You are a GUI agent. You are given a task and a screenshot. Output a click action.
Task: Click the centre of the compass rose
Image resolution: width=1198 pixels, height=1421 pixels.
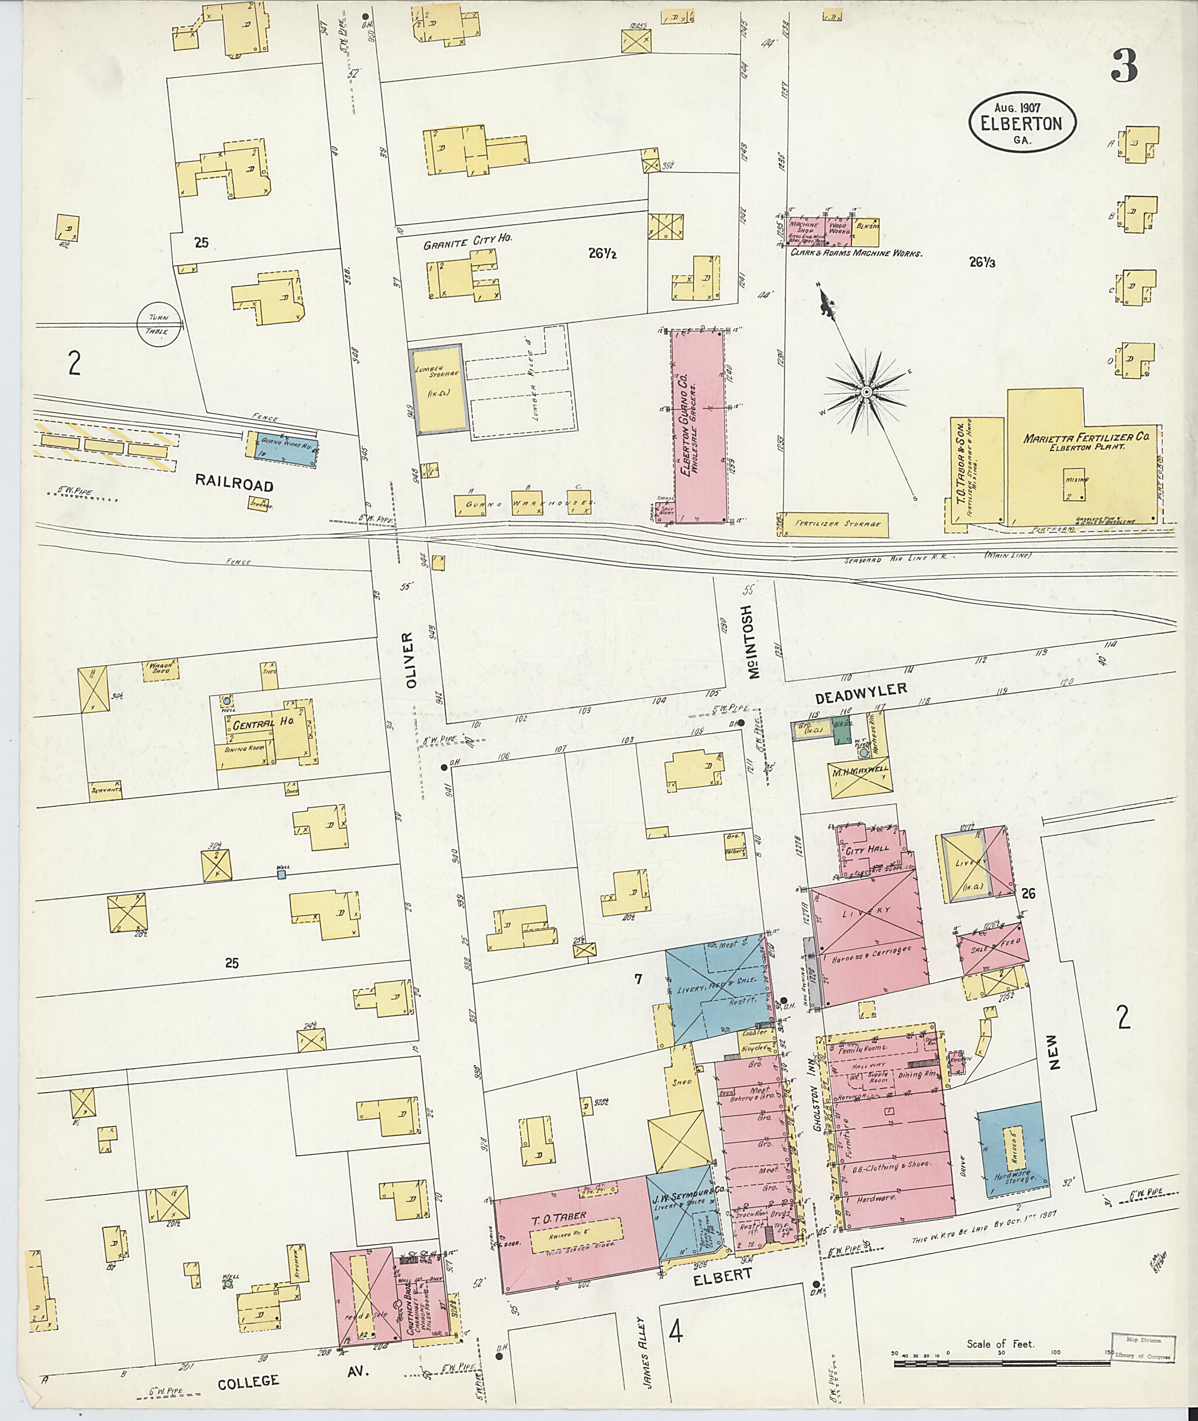(x=867, y=393)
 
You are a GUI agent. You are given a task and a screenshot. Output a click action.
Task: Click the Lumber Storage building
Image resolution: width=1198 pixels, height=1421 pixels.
(x=438, y=388)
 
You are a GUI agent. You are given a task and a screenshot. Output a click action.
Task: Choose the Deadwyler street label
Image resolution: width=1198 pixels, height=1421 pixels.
(x=860, y=690)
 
